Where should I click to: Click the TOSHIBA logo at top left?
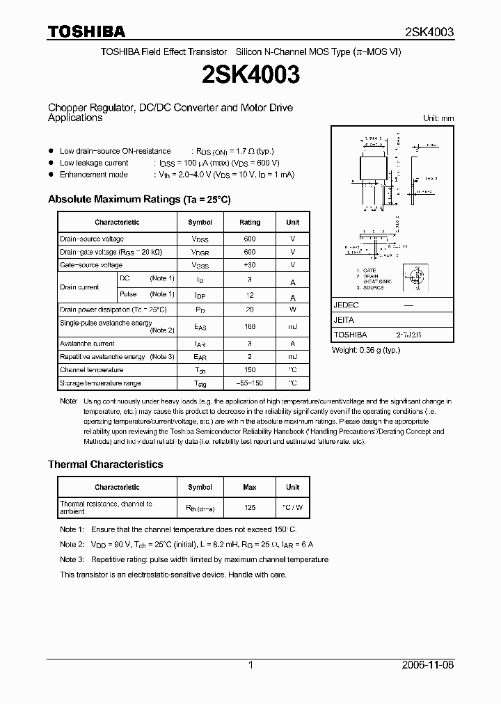pos(86,31)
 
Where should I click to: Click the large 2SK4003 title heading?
pos(250,75)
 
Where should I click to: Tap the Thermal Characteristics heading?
pos(105,464)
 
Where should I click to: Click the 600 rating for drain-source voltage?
pos(250,239)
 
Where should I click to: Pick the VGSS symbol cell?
pos(200,265)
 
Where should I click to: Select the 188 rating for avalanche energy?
pos(250,326)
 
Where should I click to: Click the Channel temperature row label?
pos(92,370)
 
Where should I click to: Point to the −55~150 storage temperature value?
pos(250,383)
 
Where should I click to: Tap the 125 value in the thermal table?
pos(250,508)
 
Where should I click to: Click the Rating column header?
pos(250,222)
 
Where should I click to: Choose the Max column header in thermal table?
pos(250,487)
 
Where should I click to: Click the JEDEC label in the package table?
pos(346,305)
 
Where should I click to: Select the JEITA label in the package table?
pos(344,320)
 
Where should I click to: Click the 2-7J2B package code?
pos(408,335)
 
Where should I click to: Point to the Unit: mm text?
pos(438,118)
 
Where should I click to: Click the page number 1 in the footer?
pos(250,665)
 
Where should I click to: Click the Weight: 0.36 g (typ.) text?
pos(366,350)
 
